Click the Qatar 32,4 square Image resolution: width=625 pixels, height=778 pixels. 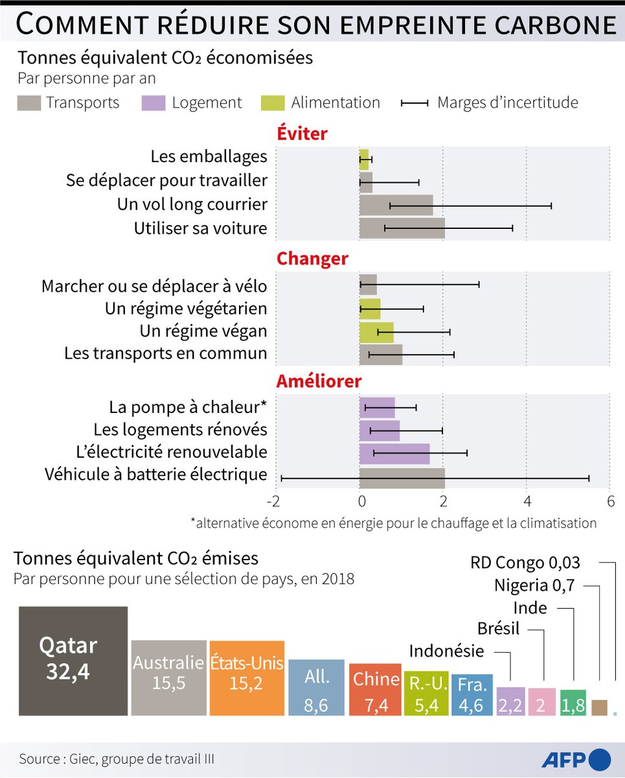point(73,661)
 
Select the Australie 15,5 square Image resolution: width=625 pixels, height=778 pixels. point(168,678)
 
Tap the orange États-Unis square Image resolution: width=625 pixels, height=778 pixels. point(247,678)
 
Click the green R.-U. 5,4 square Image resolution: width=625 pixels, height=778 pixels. point(426,694)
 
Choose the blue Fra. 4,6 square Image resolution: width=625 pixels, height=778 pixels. point(472,695)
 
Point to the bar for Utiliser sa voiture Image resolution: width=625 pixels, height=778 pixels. point(402,228)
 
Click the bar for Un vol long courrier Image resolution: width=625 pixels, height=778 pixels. point(396,205)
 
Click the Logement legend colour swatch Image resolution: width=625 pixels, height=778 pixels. point(153,103)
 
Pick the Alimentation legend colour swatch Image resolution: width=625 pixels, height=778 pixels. point(272,103)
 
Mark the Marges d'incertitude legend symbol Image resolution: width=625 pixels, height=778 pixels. point(415,103)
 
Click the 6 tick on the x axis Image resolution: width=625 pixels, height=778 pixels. point(609,501)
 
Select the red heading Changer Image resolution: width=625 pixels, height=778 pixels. point(312,259)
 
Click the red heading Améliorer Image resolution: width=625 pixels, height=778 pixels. point(319,381)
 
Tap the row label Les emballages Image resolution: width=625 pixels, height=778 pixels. point(209,156)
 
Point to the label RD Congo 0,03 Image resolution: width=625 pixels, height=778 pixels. point(525,562)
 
